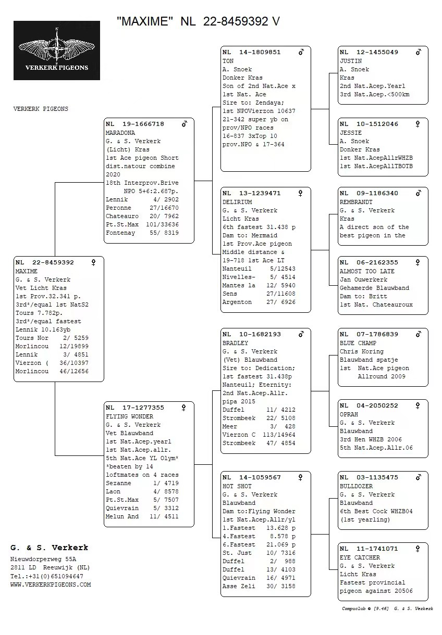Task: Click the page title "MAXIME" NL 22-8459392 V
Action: tap(198, 21)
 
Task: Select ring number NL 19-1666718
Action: tap(135, 124)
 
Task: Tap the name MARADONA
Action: tap(120, 133)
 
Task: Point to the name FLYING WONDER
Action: tap(129, 416)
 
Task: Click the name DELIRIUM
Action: tap(237, 202)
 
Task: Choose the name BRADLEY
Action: tap(235, 343)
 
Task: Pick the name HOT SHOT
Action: tap(237, 486)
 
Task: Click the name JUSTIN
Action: tap(351, 61)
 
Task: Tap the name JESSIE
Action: tap(351, 133)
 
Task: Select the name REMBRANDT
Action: tap(356, 202)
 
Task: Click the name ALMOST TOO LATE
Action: tap(367, 271)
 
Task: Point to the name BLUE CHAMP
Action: tap(358, 343)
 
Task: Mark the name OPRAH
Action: tap(349, 414)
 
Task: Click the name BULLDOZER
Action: tap(356, 486)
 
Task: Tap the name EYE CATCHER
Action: tap(360, 557)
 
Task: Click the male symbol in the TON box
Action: tap(301, 53)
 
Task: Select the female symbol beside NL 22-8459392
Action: tap(94, 263)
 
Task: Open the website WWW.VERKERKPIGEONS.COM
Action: tap(51, 585)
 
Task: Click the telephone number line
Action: tap(47, 576)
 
